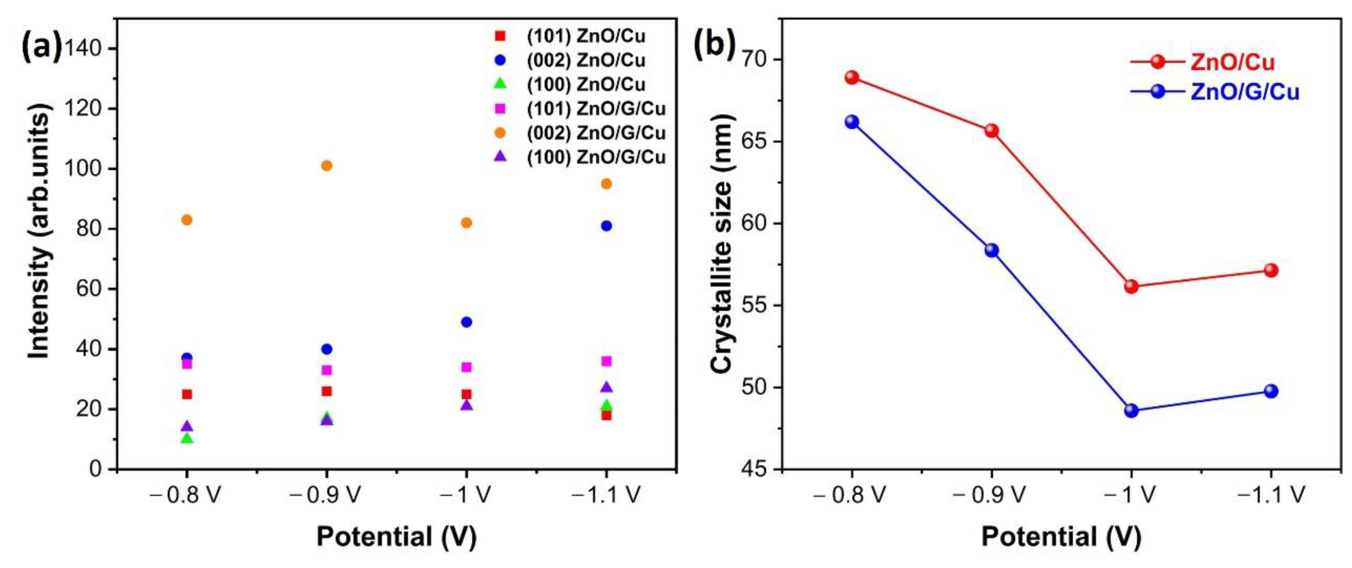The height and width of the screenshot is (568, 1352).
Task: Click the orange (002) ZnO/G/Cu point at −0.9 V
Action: (326, 166)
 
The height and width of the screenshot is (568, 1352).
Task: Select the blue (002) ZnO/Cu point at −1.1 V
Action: (606, 226)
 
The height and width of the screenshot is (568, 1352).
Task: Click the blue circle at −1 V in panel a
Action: (466, 322)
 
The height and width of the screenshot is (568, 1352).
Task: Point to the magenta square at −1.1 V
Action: (606, 361)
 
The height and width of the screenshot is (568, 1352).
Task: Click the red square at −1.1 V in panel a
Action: (606, 415)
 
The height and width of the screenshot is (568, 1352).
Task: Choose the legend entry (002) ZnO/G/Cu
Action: (596, 133)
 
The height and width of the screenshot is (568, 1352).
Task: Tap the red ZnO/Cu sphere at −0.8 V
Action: (852, 78)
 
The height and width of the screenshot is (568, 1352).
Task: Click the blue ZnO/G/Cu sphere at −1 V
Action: (1131, 411)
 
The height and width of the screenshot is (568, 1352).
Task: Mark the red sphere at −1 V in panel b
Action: (1131, 286)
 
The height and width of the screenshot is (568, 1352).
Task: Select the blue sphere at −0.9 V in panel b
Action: (991, 250)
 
